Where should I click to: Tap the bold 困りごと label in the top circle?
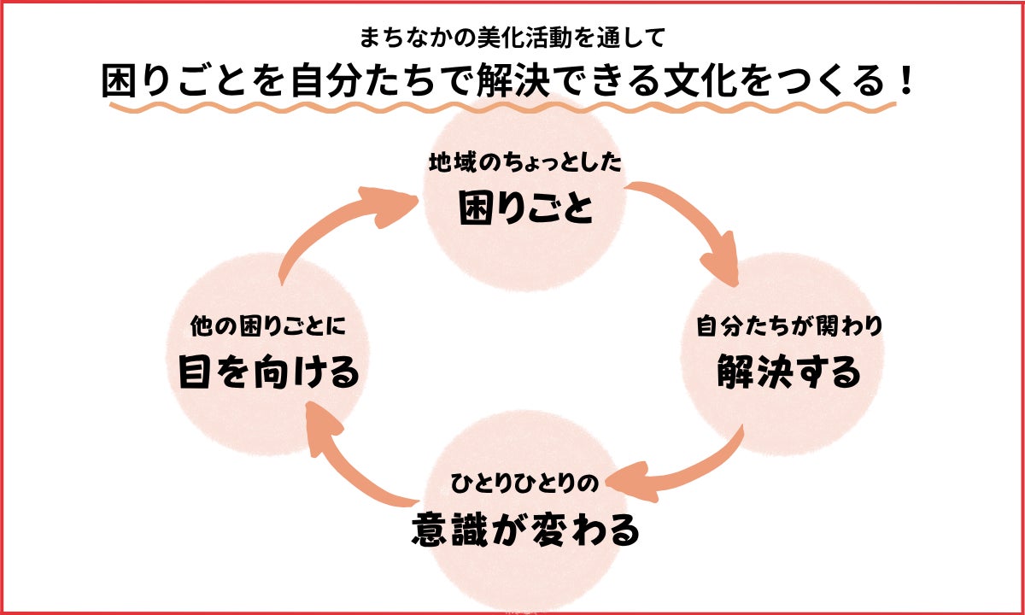coord(524,208)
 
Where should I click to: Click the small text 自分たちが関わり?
coord(788,326)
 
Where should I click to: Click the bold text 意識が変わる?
coord(524,530)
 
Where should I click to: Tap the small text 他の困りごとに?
coord(267,326)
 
